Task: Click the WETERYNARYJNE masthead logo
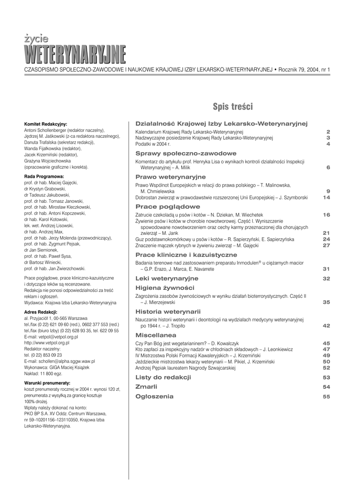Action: click(x=75, y=55)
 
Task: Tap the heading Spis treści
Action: click(x=232, y=106)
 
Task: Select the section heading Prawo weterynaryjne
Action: click(x=164, y=176)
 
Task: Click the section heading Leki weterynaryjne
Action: click(x=163, y=278)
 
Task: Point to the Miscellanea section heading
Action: click(x=156, y=334)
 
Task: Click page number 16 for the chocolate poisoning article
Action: click(x=326, y=215)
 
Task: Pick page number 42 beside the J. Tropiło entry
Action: click(x=326, y=325)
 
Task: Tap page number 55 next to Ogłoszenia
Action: click(x=326, y=396)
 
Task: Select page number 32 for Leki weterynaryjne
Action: click(x=326, y=278)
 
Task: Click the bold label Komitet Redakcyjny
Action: click(x=46, y=124)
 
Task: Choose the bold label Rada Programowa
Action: click(x=44, y=176)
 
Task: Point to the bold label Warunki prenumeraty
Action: click(x=47, y=382)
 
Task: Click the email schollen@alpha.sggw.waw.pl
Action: click(x=59, y=361)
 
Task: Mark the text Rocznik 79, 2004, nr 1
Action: click(x=304, y=71)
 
